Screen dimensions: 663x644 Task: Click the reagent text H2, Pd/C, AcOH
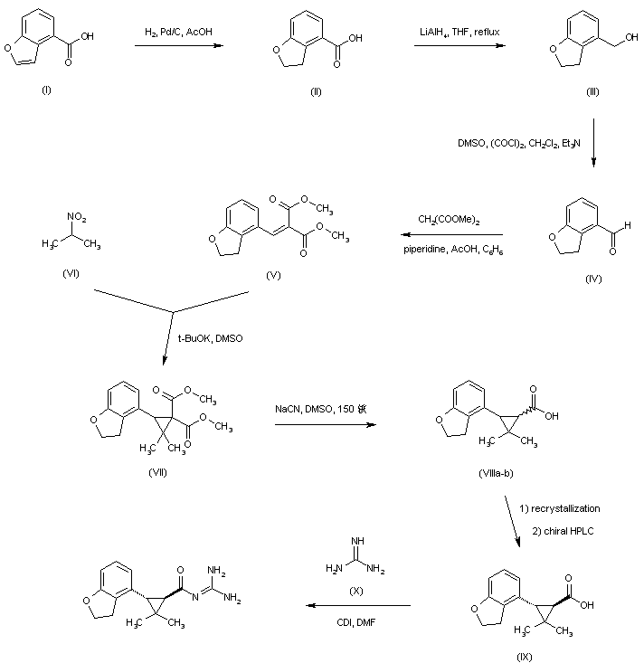(x=186, y=33)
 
